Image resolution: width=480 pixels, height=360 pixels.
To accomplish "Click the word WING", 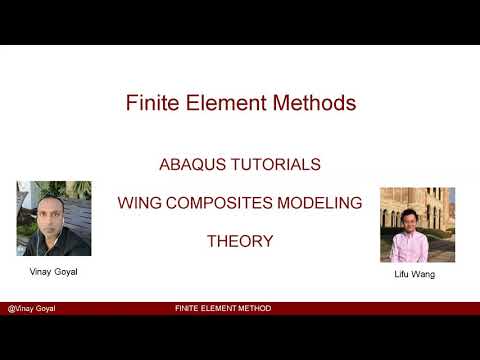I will [x=139, y=203].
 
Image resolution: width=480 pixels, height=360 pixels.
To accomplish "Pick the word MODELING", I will [x=319, y=203].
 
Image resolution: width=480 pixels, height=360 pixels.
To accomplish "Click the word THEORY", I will [x=240, y=241].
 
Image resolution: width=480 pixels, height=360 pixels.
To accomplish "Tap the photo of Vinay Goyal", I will [x=55, y=219].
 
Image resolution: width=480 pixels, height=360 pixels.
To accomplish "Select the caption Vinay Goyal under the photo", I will [x=54, y=271].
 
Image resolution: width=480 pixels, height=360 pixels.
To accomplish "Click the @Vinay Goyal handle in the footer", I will [x=31, y=308].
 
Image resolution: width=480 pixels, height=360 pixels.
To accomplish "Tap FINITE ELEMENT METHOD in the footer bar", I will [x=223, y=308].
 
